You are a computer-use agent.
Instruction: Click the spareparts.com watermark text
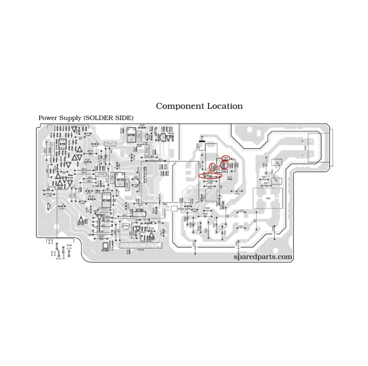(x=263, y=257)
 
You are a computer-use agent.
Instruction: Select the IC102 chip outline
(x=62, y=144)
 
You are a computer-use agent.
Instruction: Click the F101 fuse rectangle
(x=111, y=143)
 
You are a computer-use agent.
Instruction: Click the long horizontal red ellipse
(x=210, y=176)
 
